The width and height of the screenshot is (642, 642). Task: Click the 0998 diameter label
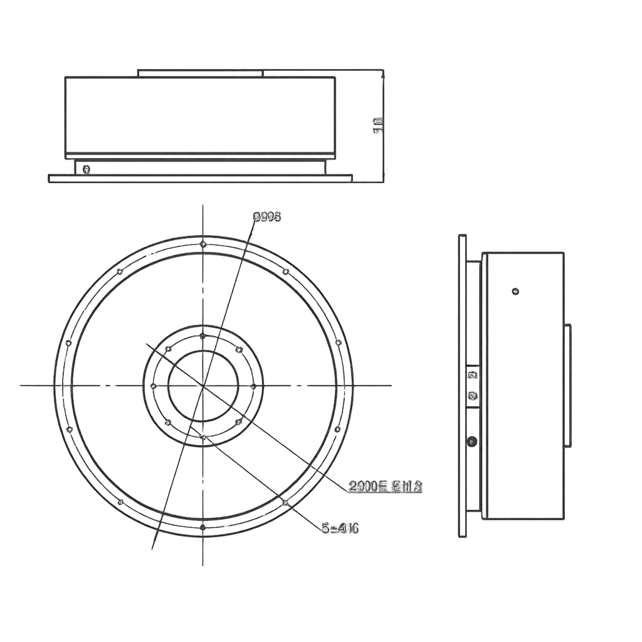[x=266, y=217]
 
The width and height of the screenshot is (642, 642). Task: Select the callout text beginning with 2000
[x=385, y=487]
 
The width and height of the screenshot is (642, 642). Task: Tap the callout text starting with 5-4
[x=340, y=529]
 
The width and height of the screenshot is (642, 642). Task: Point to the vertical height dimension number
[x=378, y=125]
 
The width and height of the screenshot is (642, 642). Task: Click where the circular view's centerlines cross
[x=203, y=385]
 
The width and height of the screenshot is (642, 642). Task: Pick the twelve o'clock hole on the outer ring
[x=203, y=243]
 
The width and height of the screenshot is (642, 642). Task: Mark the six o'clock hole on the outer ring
[x=203, y=527]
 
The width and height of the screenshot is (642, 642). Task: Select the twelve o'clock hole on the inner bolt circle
[x=203, y=336]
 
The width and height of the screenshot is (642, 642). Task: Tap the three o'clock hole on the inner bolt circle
[x=253, y=386]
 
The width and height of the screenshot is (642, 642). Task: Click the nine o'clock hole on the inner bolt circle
[x=153, y=386]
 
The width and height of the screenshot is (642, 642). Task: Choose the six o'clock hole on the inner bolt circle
[x=203, y=435]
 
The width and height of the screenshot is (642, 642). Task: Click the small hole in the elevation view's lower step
[x=87, y=169]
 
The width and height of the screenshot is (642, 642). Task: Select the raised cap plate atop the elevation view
[x=199, y=73]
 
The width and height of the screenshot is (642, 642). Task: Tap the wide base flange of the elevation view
[x=200, y=179]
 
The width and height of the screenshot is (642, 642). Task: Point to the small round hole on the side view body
[x=515, y=291]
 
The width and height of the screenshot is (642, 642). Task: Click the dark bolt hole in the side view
[x=472, y=441]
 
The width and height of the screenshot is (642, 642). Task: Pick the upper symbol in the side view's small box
[x=473, y=375]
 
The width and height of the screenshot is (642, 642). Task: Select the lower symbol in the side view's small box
[x=473, y=396]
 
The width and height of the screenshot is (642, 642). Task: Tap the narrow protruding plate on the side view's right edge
[x=567, y=386]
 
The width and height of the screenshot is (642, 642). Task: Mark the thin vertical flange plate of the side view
[x=462, y=386]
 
